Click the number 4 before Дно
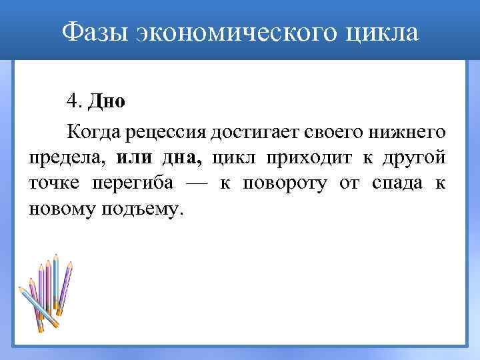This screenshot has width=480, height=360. pos(72,101)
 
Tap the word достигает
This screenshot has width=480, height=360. pos(255,131)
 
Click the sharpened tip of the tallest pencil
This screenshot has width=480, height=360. pos(57,257)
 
